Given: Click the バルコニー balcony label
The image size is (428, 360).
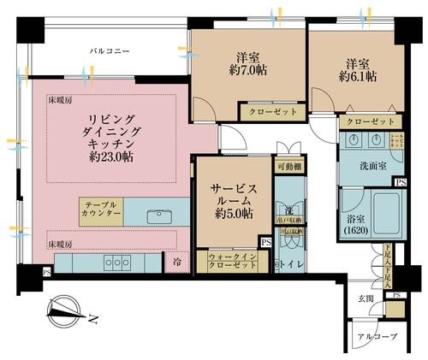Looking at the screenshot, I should pyautogui.click(x=110, y=52).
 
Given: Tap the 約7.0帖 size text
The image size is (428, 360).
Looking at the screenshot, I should pyautogui.click(x=248, y=72).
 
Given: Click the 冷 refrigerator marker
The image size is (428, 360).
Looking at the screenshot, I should pyautogui.click(x=177, y=262).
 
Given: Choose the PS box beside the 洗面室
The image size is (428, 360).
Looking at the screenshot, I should pyautogui.click(x=400, y=182).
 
